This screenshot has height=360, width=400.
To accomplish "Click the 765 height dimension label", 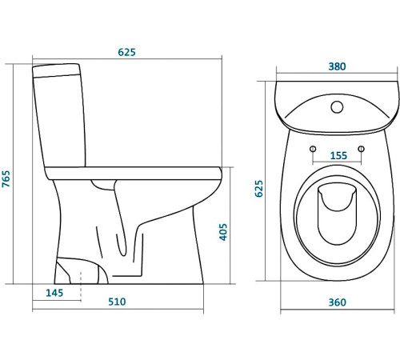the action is pos(6,178).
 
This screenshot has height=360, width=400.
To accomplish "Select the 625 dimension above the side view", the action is pos(126,52).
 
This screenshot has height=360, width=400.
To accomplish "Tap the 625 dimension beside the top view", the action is pos(258,189).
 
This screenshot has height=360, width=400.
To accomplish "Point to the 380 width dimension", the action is pos(337,66).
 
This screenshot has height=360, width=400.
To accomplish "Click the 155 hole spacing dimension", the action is pos(338,155).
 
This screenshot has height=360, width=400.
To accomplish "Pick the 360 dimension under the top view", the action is pos(338,302).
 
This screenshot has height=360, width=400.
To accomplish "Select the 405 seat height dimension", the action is pos(223,232).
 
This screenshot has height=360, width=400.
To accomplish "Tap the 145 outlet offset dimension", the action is pos(54,293).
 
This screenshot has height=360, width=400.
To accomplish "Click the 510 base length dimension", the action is pos(117,302).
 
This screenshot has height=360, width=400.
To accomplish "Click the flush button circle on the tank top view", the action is pos(337,107).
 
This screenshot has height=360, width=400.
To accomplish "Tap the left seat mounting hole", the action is pos(313,149).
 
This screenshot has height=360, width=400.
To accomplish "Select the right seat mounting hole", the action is pos(362,149).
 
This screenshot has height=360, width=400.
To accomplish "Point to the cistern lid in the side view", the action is pos(56,70).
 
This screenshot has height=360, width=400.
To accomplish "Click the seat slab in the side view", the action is pos(134,174).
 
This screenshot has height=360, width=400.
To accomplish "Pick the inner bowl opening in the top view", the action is pos(337,214).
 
